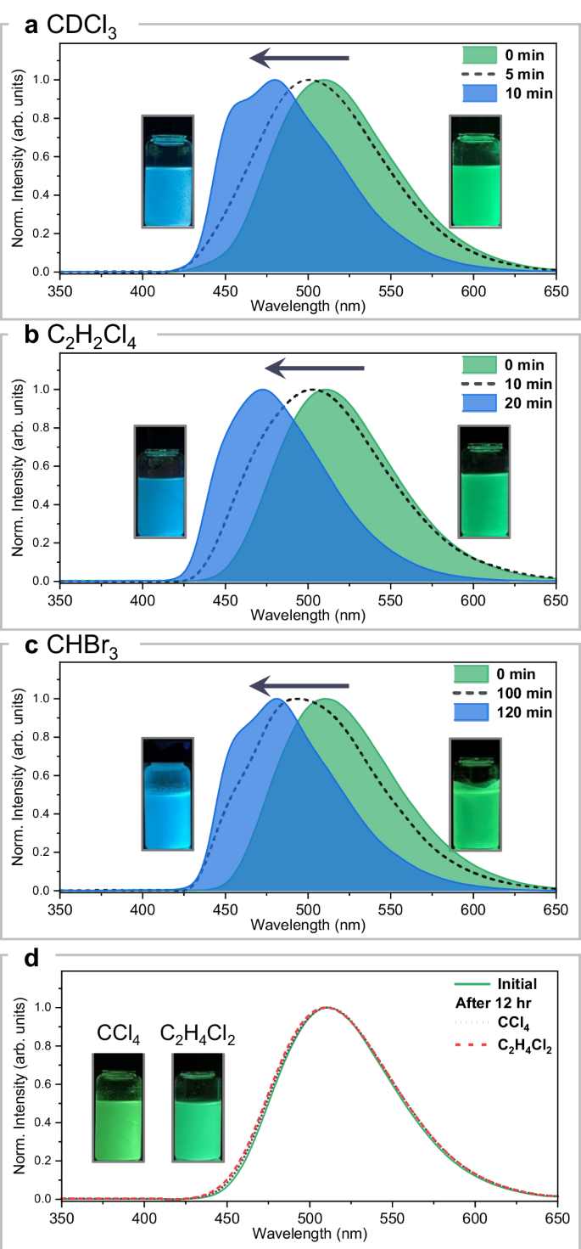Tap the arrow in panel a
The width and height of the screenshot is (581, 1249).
coord(299,59)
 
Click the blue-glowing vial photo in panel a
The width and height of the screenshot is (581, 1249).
coord(168,172)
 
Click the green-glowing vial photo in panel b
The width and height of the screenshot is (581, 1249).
coord(483,481)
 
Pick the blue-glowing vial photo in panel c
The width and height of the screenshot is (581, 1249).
coord(168,794)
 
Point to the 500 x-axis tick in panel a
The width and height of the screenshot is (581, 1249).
coord(308,284)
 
